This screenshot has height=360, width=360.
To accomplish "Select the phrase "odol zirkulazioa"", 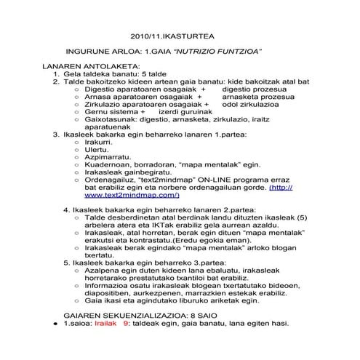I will pyautogui.click(x=251, y=105).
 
